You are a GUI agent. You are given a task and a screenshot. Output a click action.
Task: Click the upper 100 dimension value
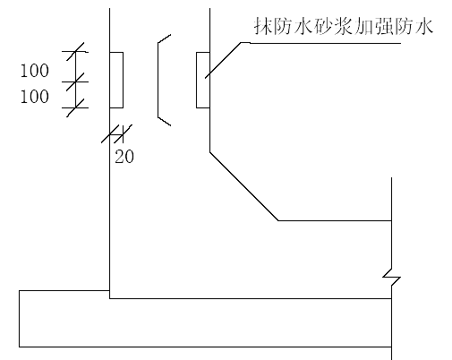[x=34, y=71]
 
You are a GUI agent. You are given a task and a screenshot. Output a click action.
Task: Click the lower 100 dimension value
[x=34, y=97]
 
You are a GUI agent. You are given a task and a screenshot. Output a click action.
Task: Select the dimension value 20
[x=124, y=156]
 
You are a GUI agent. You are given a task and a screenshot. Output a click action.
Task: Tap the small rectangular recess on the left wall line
[x=116, y=80]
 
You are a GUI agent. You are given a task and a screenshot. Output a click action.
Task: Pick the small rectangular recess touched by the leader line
[x=203, y=80]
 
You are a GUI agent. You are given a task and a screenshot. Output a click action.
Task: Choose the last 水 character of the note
[x=424, y=26]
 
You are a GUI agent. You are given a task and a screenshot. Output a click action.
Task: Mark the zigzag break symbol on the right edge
[x=391, y=278]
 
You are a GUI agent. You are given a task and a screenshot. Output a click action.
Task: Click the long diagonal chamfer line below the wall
[x=244, y=186]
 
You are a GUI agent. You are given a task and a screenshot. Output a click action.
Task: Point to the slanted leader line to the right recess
[x=223, y=60]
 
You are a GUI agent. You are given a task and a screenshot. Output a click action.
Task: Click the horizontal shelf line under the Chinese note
[x=320, y=43]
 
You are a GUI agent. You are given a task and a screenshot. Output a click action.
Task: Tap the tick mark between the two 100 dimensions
[x=75, y=81]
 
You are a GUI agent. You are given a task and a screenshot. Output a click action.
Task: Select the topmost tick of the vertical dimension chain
[x=75, y=52]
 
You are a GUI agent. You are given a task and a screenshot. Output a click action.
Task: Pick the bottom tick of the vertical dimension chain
[x=75, y=107]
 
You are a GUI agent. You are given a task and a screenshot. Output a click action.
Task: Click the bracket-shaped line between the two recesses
[x=158, y=80]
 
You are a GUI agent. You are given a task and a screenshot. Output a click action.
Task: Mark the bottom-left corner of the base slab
[x=20, y=347]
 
